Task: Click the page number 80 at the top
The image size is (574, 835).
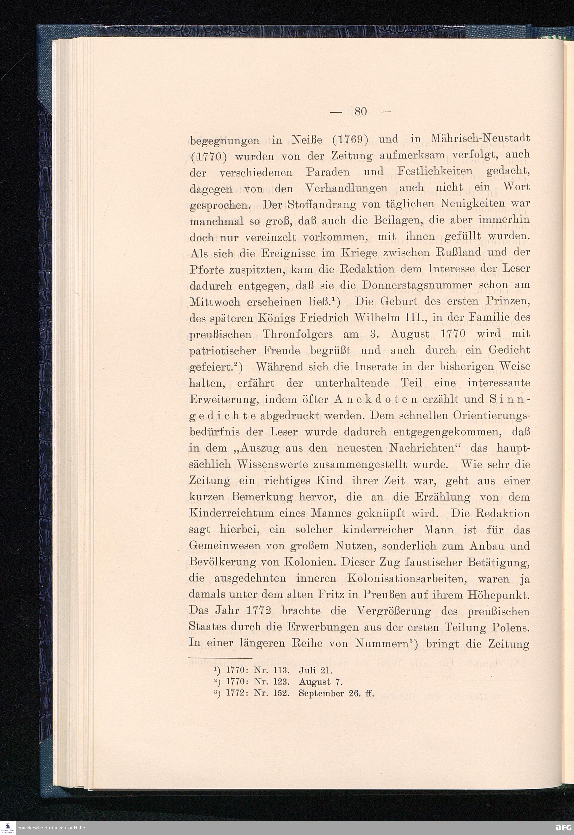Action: [360, 111]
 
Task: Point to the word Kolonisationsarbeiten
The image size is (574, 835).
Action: [406, 579]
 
